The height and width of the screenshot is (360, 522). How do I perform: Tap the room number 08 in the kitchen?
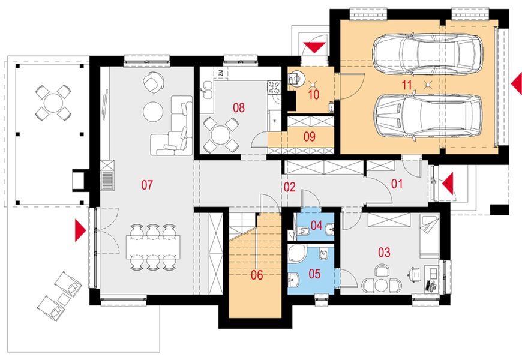239,108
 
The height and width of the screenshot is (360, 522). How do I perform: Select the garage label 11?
407,85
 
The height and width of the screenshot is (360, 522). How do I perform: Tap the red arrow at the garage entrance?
517,84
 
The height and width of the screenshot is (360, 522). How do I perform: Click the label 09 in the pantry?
309,136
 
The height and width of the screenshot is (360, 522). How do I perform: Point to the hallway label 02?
290,187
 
